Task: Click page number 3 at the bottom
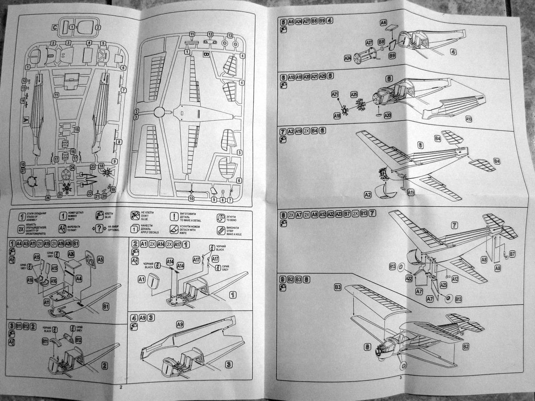click(401, 378)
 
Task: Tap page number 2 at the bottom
click(121, 386)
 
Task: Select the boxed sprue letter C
click(54, 28)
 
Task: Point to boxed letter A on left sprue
click(25, 120)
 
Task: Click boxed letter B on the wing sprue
click(206, 54)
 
